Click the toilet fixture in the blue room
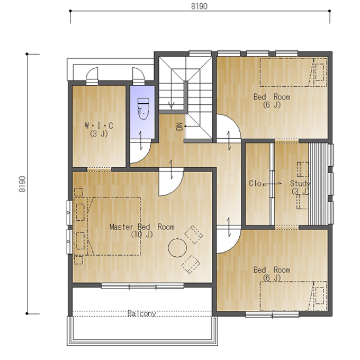(143, 109)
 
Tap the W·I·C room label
(98, 126)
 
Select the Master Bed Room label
(142, 227)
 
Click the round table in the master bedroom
(177, 248)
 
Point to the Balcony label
(142, 313)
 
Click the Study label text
(300, 183)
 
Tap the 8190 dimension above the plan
(199, 6)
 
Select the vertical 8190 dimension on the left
(22, 184)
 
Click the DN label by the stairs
(180, 127)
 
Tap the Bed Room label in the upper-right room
(272, 97)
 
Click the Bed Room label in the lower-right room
(272, 270)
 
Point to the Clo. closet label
(255, 184)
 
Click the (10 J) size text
(142, 235)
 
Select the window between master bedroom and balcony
(142, 286)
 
